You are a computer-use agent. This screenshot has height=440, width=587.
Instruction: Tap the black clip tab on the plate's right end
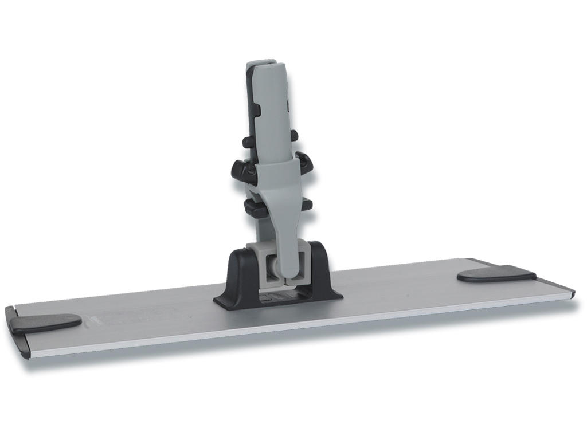[x=496, y=274]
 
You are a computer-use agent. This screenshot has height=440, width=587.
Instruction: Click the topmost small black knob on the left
[x=248, y=142]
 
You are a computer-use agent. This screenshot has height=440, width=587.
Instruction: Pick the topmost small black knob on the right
[x=294, y=136]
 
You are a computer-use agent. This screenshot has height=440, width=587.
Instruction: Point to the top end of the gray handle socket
[x=261, y=62]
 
